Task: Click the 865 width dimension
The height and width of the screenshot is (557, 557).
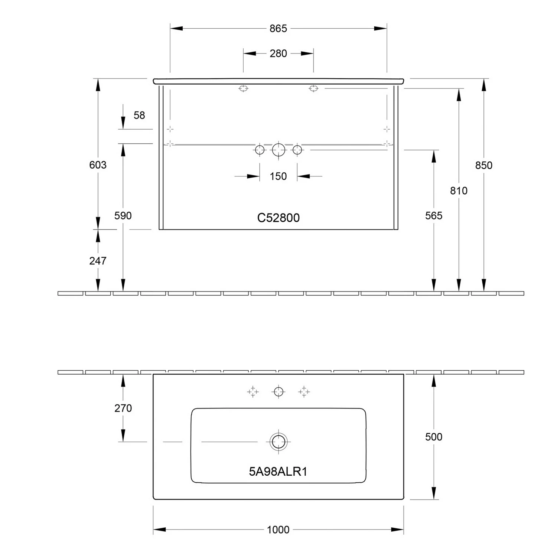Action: (278, 29)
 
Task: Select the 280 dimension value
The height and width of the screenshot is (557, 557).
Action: (278, 53)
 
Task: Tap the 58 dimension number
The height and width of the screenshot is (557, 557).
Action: (139, 115)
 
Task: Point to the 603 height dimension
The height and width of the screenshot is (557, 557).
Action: (98, 165)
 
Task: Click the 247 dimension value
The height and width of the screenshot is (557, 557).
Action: (98, 261)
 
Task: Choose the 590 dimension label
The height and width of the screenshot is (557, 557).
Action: (123, 215)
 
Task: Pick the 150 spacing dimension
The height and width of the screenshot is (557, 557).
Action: (278, 176)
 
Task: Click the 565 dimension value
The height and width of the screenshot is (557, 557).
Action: (433, 215)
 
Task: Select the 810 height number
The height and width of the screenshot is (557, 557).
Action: (459, 190)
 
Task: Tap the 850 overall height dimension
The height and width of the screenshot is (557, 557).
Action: (483, 165)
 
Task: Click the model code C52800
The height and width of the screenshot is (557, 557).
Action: (278, 218)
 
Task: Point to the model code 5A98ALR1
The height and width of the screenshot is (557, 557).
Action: (278, 472)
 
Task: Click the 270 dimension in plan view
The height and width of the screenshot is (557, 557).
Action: (123, 408)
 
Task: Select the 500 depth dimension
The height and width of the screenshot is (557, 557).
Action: (433, 437)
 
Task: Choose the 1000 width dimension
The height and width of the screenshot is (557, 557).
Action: (278, 530)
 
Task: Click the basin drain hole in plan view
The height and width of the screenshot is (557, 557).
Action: (278, 442)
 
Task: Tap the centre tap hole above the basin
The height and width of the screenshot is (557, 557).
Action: (278, 391)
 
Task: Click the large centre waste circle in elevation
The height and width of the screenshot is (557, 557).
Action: (278, 150)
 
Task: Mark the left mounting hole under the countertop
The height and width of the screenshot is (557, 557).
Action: (243, 88)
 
